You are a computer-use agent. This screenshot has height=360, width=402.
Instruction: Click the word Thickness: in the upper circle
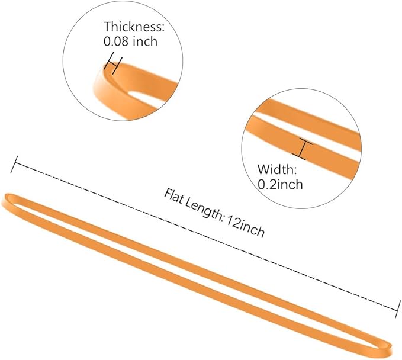134,27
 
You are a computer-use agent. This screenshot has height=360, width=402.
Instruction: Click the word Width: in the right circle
277,169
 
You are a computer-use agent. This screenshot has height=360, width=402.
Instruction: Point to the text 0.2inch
280,184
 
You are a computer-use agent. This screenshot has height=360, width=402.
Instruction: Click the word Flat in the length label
174,197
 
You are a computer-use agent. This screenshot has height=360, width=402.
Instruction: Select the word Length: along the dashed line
204,210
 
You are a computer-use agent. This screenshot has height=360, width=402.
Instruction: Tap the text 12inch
246,226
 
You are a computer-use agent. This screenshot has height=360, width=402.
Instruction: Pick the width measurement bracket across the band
303,149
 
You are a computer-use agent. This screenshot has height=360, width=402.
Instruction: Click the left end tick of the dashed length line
14,165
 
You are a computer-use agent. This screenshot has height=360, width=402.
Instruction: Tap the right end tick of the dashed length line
397,309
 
